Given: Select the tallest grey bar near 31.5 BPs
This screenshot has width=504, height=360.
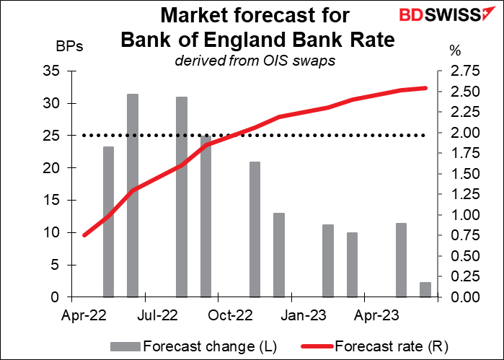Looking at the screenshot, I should pos(133,195).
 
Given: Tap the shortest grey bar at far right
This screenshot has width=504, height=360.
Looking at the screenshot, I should pos(425,289).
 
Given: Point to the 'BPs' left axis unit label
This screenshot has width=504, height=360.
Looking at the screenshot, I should pos(69,48).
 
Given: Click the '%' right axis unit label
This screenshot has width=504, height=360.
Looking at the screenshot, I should pos(454,48).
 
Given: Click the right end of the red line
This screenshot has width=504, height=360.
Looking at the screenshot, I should pos(425,88).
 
